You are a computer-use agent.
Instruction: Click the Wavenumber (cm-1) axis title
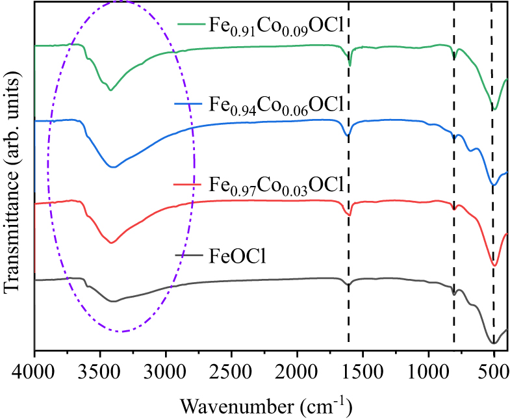tap(266, 406)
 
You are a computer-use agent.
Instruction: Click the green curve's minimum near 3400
tap(110, 90)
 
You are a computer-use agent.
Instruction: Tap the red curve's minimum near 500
tap(494, 265)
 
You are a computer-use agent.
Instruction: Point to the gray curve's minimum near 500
tap(494, 343)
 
